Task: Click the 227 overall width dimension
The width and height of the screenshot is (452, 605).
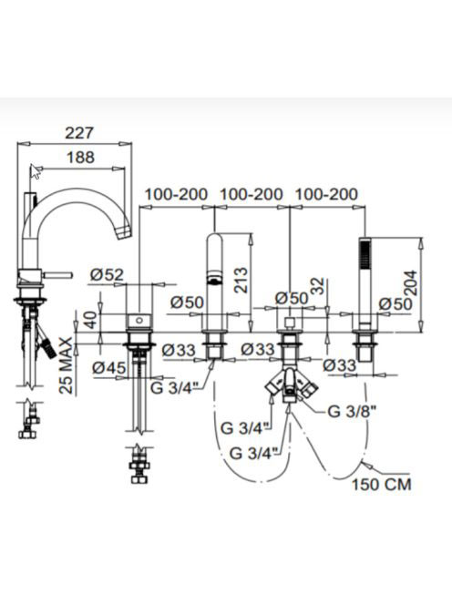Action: (x=79, y=133)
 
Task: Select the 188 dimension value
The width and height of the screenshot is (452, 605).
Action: (x=81, y=158)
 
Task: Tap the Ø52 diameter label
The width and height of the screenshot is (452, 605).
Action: (x=107, y=275)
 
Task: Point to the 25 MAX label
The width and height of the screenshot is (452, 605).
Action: (x=67, y=365)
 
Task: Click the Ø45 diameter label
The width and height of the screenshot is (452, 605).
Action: (x=109, y=367)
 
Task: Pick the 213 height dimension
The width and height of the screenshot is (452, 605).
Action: (x=241, y=280)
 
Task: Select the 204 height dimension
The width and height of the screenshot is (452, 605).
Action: (x=410, y=282)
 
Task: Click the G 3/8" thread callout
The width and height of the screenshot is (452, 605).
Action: (x=352, y=412)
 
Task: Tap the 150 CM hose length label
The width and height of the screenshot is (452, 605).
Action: (x=381, y=484)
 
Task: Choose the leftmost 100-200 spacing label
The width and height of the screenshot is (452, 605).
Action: (x=177, y=194)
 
